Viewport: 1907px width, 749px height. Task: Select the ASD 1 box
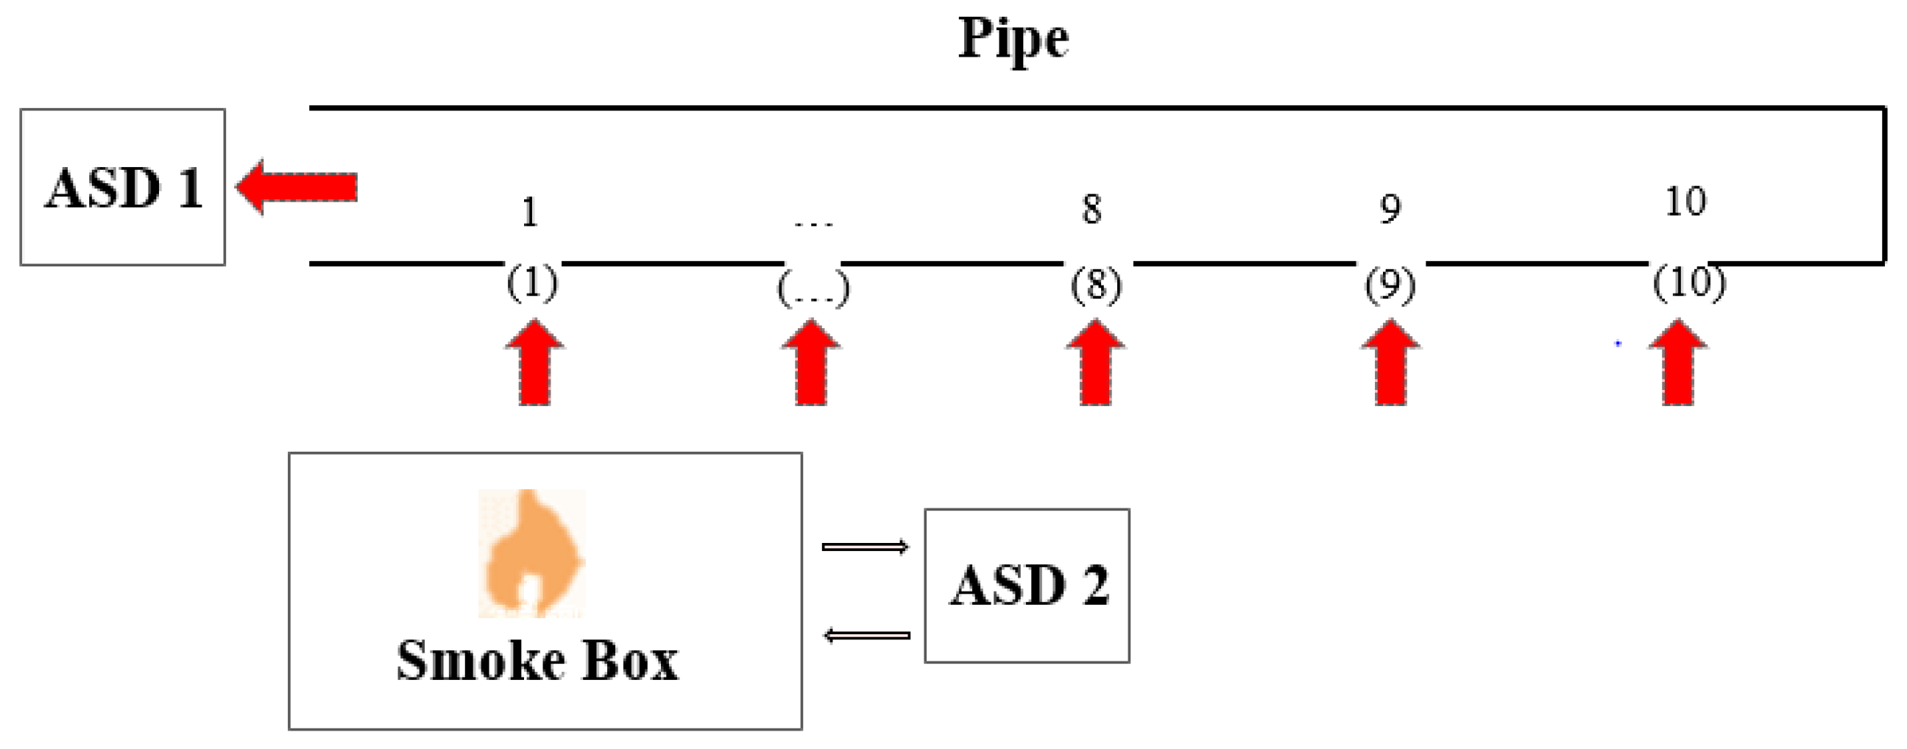122,186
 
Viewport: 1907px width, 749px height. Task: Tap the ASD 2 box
1027,585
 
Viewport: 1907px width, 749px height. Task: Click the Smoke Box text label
537,660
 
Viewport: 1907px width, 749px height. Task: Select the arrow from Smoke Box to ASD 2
865,547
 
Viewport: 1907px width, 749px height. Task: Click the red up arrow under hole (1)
534,363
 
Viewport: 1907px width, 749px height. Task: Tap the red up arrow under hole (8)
1095,363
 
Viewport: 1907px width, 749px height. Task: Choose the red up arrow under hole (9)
1390,363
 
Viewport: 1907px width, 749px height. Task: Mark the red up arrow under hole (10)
1677,363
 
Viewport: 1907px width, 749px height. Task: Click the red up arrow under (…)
811,363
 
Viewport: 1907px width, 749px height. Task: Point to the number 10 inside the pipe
1685,202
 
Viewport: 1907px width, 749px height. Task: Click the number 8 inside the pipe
1092,210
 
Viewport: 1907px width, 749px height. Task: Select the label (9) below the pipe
1390,285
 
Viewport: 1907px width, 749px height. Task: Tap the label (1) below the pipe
531,283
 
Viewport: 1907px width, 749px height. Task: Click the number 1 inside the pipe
529,213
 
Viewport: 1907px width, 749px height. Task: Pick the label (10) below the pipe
1689,282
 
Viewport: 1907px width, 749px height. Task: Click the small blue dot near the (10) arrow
1618,344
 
